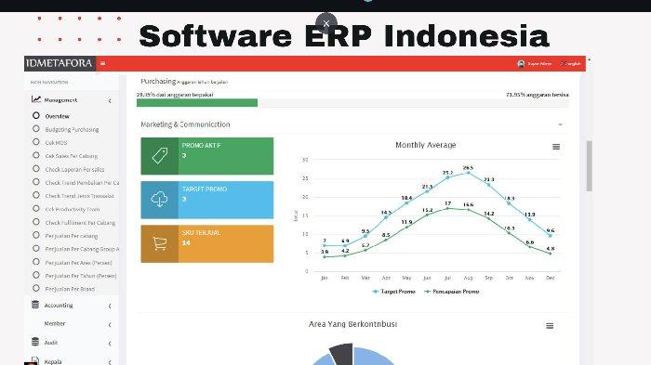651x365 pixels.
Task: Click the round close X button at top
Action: coord(325,23)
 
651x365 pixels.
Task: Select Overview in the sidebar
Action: coord(57,116)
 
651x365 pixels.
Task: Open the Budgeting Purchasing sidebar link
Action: coord(71,129)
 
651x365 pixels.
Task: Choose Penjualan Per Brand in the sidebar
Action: coord(71,288)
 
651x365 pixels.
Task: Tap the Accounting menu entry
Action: coord(59,305)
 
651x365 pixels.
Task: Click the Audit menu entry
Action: coord(51,342)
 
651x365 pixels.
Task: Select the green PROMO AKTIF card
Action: coord(207,156)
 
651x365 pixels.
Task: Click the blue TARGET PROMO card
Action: coord(207,200)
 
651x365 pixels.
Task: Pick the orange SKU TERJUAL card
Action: coord(207,243)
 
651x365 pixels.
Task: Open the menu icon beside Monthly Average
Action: coord(556,147)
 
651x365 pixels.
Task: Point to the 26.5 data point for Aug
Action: coord(468,174)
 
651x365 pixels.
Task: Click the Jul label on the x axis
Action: coord(447,278)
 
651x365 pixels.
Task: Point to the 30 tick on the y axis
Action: coord(305,160)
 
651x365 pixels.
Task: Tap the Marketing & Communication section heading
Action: coord(185,124)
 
